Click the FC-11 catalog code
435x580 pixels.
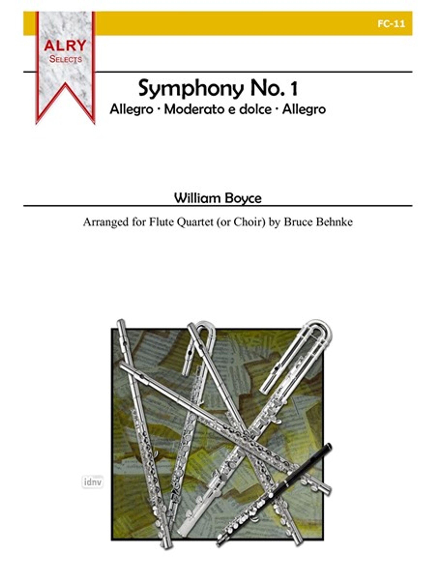pyautogui.click(x=391, y=24)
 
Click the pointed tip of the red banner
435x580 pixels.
pyautogui.click(x=65, y=83)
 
